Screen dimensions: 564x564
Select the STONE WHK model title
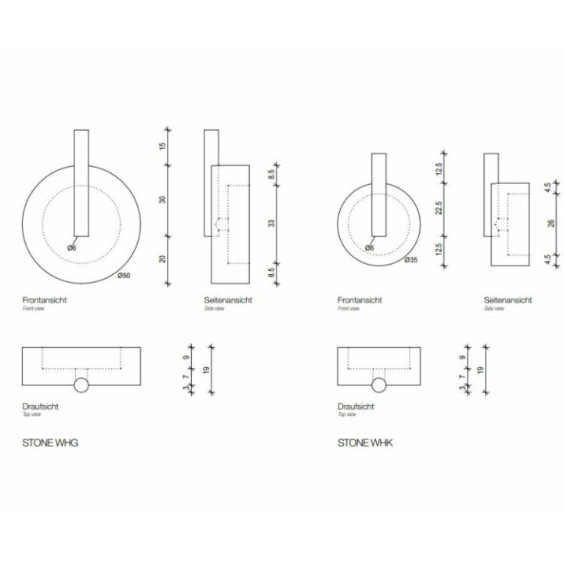click(x=365, y=443)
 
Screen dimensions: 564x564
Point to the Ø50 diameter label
click(x=123, y=276)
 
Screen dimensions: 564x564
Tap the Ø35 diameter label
click(x=410, y=259)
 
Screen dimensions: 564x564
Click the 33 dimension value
click(x=272, y=223)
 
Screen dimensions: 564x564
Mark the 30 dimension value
click(x=163, y=199)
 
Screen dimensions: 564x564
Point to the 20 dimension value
click(x=163, y=260)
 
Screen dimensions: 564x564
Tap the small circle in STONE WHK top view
click(x=380, y=385)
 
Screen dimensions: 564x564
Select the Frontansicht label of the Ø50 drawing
click(x=45, y=300)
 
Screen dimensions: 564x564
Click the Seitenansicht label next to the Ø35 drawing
click(x=508, y=300)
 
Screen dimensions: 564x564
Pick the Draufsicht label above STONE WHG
click(x=40, y=407)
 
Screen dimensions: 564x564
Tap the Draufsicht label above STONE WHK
click(x=354, y=407)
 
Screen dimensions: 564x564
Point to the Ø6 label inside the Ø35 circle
click(x=369, y=248)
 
